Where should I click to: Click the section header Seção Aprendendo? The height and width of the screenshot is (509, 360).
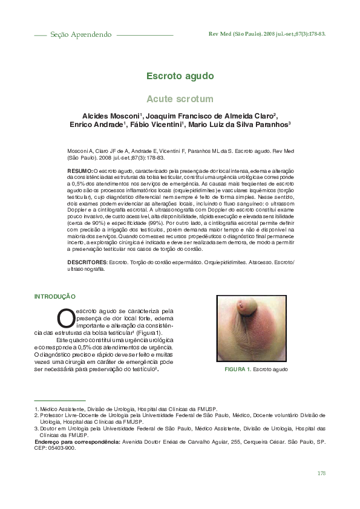pos(80,34)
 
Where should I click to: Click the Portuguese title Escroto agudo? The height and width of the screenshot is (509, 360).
pos(179,76)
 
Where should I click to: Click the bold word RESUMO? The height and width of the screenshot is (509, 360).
pos(79,172)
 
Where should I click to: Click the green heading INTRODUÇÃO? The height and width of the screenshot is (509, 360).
pos(54,297)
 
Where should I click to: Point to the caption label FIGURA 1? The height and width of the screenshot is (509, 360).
pos(237,369)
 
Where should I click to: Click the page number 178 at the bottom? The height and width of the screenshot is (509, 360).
pos(321,472)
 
